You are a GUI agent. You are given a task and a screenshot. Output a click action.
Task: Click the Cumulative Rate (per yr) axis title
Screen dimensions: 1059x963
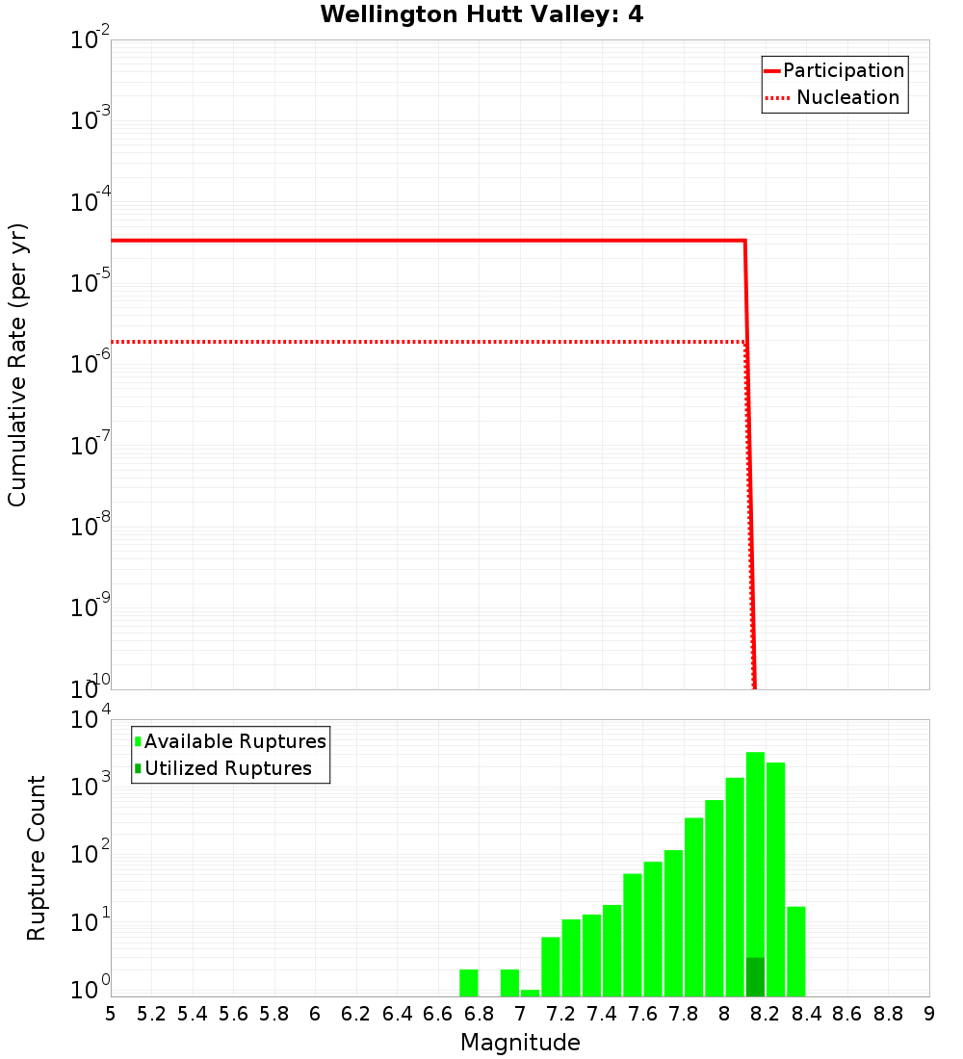(17, 365)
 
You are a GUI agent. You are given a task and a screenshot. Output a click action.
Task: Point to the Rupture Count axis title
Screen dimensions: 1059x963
(37, 858)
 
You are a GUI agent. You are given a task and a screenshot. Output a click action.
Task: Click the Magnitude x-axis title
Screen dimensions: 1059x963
(520, 1043)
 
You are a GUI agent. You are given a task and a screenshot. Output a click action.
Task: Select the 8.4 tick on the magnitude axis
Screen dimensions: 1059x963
(806, 1014)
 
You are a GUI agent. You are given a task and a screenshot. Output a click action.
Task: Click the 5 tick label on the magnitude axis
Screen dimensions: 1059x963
(111, 1014)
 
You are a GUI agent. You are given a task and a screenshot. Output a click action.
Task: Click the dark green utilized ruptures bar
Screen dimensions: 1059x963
(755, 976)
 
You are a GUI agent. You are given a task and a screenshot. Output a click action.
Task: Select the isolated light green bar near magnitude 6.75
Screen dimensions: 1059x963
(469, 982)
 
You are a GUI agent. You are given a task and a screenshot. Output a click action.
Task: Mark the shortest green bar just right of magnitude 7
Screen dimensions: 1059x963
(530, 993)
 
